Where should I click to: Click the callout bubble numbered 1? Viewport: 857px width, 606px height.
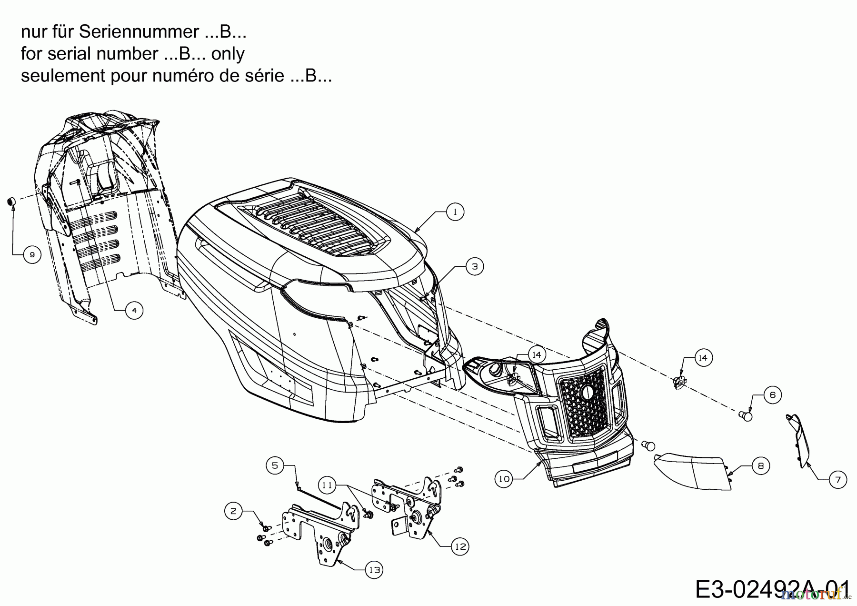(455, 212)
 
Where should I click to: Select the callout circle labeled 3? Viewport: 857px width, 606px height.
(474, 266)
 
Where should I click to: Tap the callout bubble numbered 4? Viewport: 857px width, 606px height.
(134, 311)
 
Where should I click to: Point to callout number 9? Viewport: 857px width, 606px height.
(32, 255)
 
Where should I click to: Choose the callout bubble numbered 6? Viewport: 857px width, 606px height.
(772, 395)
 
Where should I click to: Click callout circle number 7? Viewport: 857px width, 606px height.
(838, 480)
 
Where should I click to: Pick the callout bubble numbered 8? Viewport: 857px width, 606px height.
(760, 465)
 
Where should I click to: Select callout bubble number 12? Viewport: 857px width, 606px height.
(460, 546)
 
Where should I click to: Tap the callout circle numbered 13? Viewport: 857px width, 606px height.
(375, 570)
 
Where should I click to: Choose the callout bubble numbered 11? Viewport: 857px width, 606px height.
(327, 485)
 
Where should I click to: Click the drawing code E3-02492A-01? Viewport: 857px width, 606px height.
(771, 589)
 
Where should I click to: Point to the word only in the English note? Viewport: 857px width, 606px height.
(228, 54)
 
